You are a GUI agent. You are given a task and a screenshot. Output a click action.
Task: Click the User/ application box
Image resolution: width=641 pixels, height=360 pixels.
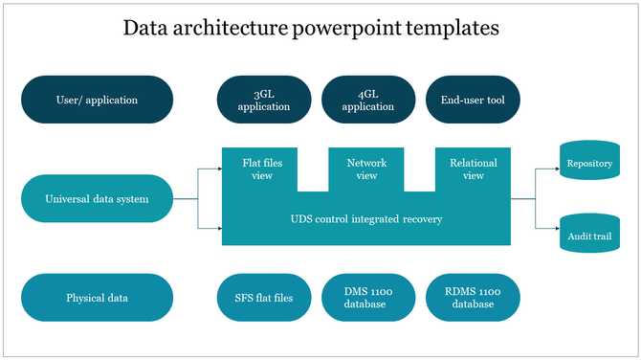[97, 100]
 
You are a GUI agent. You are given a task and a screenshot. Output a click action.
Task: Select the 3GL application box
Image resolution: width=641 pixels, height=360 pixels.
[264, 101]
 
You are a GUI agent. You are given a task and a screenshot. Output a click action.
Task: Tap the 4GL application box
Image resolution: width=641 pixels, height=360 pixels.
[368, 101]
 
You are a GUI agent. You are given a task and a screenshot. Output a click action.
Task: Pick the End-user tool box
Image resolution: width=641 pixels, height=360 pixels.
[473, 100]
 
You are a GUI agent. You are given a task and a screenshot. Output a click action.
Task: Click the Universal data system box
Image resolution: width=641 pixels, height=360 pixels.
[97, 199]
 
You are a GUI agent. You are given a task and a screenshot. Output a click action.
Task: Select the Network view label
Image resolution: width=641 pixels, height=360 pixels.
[367, 169]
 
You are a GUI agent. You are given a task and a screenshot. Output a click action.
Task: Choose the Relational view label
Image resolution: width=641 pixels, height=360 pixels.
[473, 169]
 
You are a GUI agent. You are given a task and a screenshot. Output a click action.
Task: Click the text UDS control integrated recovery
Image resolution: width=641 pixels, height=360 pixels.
[366, 219]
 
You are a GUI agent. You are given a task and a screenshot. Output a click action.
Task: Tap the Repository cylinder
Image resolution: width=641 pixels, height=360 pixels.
[589, 164]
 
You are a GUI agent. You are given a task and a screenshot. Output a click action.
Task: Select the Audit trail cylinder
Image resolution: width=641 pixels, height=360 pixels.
[589, 235]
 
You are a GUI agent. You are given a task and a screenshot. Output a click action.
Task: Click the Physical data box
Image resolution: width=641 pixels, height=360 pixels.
[97, 298]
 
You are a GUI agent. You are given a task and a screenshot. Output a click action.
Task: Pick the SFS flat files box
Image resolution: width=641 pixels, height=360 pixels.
[264, 298]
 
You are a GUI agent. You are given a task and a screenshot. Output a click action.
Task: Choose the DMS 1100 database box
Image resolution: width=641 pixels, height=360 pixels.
[368, 298]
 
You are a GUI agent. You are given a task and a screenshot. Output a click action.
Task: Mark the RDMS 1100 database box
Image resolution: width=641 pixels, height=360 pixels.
[473, 298]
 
